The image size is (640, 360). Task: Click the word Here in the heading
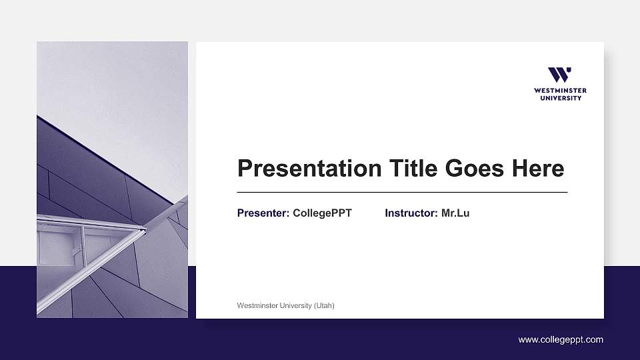[x=538, y=169]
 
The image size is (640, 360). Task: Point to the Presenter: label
[x=263, y=213]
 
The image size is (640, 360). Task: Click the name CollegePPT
[x=322, y=213]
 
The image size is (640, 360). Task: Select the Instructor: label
[x=411, y=213]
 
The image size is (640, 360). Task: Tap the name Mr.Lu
[x=455, y=213]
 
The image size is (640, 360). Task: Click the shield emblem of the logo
[x=560, y=75]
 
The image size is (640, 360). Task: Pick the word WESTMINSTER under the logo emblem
[x=560, y=91]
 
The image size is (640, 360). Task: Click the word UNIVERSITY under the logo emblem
[x=560, y=98]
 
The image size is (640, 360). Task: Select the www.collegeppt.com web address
[x=561, y=340]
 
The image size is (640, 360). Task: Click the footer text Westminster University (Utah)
[x=285, y=305]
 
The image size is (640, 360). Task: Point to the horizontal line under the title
[x=402, y=192]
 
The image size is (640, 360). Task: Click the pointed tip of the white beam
[x=144, y=230]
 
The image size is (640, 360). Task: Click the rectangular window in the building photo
[x=59, y=248]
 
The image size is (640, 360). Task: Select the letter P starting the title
[x=245, y=169]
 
